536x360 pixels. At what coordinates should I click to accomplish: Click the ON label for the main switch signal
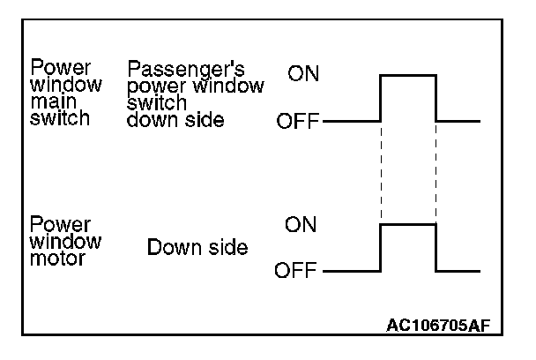304,75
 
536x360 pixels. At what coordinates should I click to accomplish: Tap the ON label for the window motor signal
301,224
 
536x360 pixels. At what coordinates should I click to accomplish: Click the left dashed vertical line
380,172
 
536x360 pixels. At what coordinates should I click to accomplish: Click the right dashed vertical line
436,172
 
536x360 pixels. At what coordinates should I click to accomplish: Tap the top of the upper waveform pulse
408,76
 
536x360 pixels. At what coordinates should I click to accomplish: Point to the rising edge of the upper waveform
380,97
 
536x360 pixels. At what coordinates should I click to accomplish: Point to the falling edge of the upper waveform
436,97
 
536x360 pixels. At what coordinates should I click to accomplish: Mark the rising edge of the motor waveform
380,247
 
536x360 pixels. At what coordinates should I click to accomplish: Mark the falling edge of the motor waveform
436,247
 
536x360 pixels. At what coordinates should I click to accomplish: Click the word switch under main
60,117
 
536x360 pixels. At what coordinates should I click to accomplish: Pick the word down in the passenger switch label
148,121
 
